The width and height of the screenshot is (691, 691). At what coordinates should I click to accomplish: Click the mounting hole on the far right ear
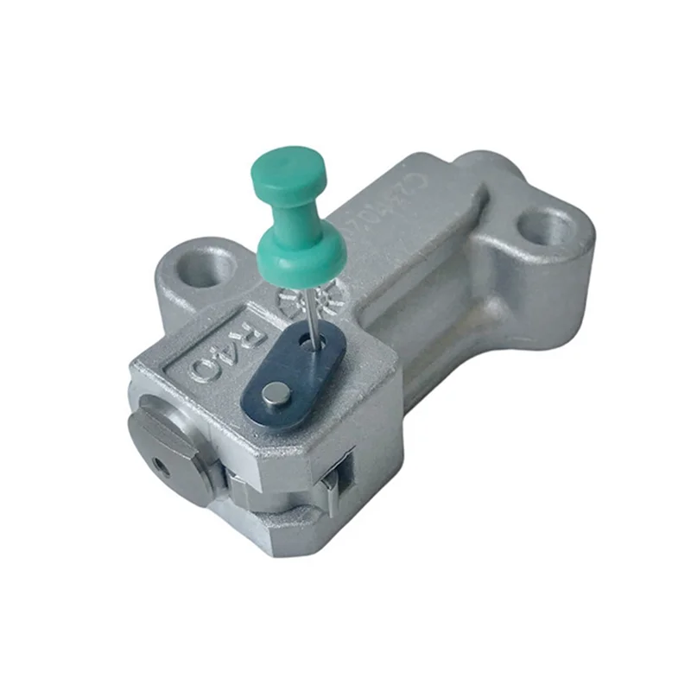[x=546, y=228]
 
